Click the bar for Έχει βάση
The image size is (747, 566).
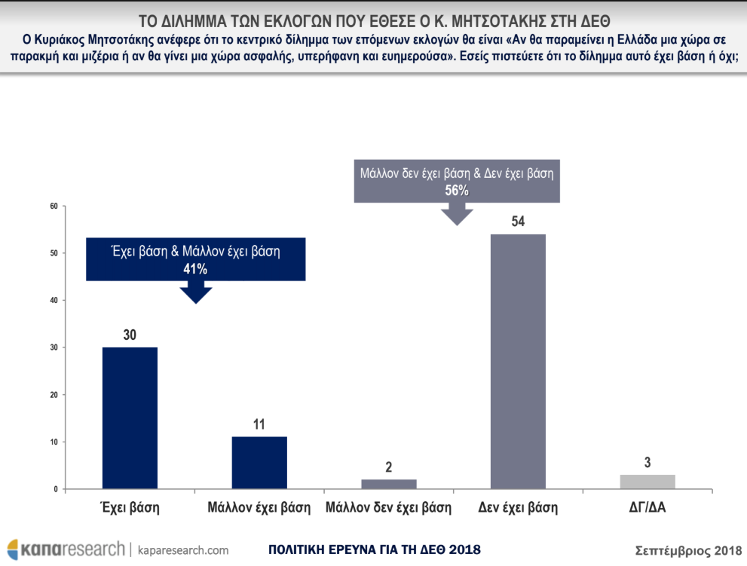click(x=130, y=418)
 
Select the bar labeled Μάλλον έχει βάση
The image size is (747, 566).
click(x=259, y=463)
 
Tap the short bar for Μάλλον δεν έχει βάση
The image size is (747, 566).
click(x=389, y=484)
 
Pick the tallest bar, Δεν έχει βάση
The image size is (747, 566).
click(x=518, y=362)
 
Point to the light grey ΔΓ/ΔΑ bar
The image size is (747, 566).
click(x=648, y=482)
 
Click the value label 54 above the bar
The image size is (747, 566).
click(x=518, y=222)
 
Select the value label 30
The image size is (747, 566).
click(x=130, y=335)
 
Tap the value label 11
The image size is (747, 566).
click(x=259, y=424)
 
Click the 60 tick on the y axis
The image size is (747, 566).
click(x=54, y=206)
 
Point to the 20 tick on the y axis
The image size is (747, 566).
click(x=54, y=395)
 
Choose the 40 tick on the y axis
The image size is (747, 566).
click(x=54, y=300)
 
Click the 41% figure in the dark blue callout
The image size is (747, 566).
click(x=195, y=268)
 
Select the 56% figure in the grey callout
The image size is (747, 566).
click(x=456, y=191)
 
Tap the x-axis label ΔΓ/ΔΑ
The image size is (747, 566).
click(x=647, y=508)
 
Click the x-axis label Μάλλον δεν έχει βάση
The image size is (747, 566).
click(x=389, y=508)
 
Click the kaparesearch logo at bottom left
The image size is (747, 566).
click(x=66, y=549)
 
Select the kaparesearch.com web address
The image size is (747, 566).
click(x=184, y=549)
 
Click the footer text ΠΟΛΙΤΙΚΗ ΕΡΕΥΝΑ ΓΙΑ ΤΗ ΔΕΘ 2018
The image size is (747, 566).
click(x=374, y=549)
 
